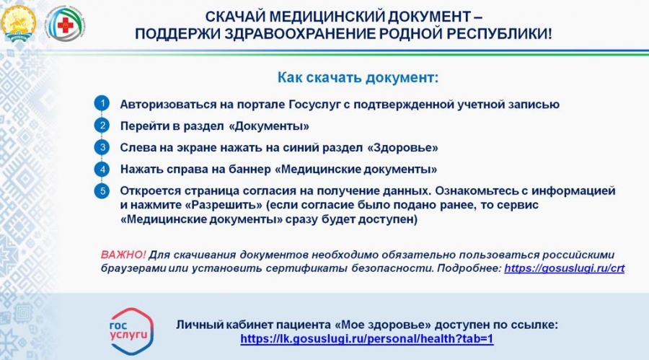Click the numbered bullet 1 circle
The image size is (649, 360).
[102, 103]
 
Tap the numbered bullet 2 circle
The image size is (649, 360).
[102, 125]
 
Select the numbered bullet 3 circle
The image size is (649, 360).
[102, 147]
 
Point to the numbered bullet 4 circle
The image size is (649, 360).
[102, 169]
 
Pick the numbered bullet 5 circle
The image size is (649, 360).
[102, 191]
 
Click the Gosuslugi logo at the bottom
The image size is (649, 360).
[131, 331]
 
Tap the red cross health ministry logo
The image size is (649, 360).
[64, 25]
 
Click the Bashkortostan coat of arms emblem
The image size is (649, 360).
[19, 23]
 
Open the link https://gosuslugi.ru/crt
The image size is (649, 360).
[564, 268]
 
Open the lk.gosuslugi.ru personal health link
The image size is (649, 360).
[367, 339]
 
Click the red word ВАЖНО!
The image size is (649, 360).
[123, 255]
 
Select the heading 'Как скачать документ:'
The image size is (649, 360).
[358, 77]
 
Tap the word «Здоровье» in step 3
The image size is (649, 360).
[402, 148]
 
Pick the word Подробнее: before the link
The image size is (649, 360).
[469, 268]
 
